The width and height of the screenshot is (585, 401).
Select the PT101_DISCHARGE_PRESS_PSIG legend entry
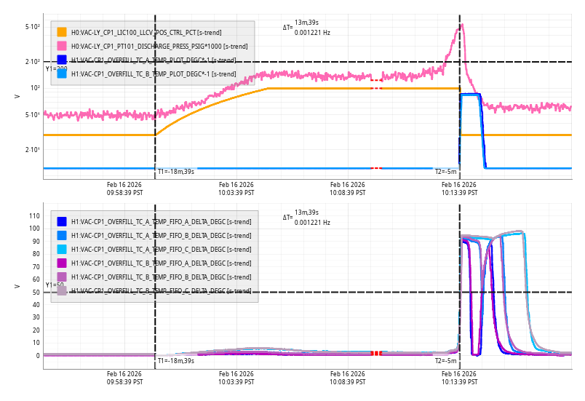pos(159,46)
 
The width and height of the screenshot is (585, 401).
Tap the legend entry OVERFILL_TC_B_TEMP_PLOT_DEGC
pos(153,74)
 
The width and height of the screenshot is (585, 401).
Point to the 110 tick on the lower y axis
pos(33,215)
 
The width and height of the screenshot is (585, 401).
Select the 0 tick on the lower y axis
pos(37,356)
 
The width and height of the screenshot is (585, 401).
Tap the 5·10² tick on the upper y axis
pos(33,27)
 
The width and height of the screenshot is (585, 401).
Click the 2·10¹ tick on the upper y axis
pos(33,150)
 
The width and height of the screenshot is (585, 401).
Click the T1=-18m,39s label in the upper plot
pos(176,171)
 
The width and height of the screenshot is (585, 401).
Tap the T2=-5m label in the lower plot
pos(445,361)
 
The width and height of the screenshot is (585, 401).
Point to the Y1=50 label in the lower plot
pos(55,285)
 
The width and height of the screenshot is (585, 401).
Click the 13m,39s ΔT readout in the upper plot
pos(306,23)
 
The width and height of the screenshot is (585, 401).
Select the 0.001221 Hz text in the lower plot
pos(312,223)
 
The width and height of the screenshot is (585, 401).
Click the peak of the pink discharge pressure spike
pos(461,25)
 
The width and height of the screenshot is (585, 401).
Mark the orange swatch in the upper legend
pos(62,32)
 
